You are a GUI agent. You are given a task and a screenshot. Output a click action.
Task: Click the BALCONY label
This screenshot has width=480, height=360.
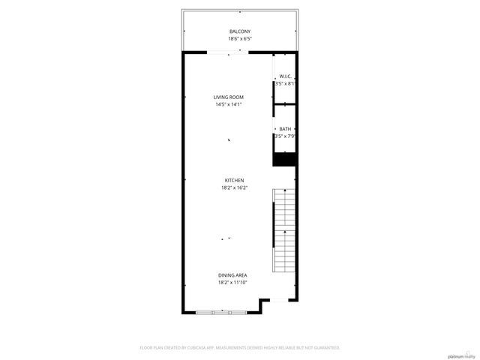(x=240, y=31)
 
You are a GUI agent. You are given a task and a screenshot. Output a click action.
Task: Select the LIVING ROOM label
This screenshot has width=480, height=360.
(x=229, y=97)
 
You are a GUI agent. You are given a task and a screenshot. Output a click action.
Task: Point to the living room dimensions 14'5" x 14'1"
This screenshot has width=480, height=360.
(x=229, y=104)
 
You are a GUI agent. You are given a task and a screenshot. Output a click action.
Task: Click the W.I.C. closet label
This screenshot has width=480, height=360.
(x=285, y=76)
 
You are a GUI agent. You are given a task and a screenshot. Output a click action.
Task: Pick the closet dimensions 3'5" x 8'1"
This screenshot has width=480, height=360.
(x=285, y=84)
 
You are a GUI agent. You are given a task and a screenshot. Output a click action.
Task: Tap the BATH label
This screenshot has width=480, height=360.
(x=285, y=129)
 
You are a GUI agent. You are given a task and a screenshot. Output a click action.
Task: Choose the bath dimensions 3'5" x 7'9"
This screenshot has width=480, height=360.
(x=285, y=136)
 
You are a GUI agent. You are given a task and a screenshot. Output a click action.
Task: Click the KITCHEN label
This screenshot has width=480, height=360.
(x=234, y=180)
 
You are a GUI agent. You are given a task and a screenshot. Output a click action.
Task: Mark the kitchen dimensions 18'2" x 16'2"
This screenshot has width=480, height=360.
(x=234, y=187)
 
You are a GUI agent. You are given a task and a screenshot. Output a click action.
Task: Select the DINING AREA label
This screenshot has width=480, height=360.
(x=232, y=275)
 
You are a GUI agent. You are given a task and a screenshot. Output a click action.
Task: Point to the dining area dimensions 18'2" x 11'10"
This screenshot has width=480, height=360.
(x=232, y=283)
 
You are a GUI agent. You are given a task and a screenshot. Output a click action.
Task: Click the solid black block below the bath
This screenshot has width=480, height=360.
(x=285, y=159)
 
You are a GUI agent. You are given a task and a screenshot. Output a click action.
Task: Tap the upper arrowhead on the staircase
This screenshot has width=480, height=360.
(x=285, y=193)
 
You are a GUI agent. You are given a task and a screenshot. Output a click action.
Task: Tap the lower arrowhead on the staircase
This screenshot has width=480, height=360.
(x=285, y=233)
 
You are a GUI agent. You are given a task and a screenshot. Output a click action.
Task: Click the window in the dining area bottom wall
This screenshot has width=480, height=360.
(x=221, y=310)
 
